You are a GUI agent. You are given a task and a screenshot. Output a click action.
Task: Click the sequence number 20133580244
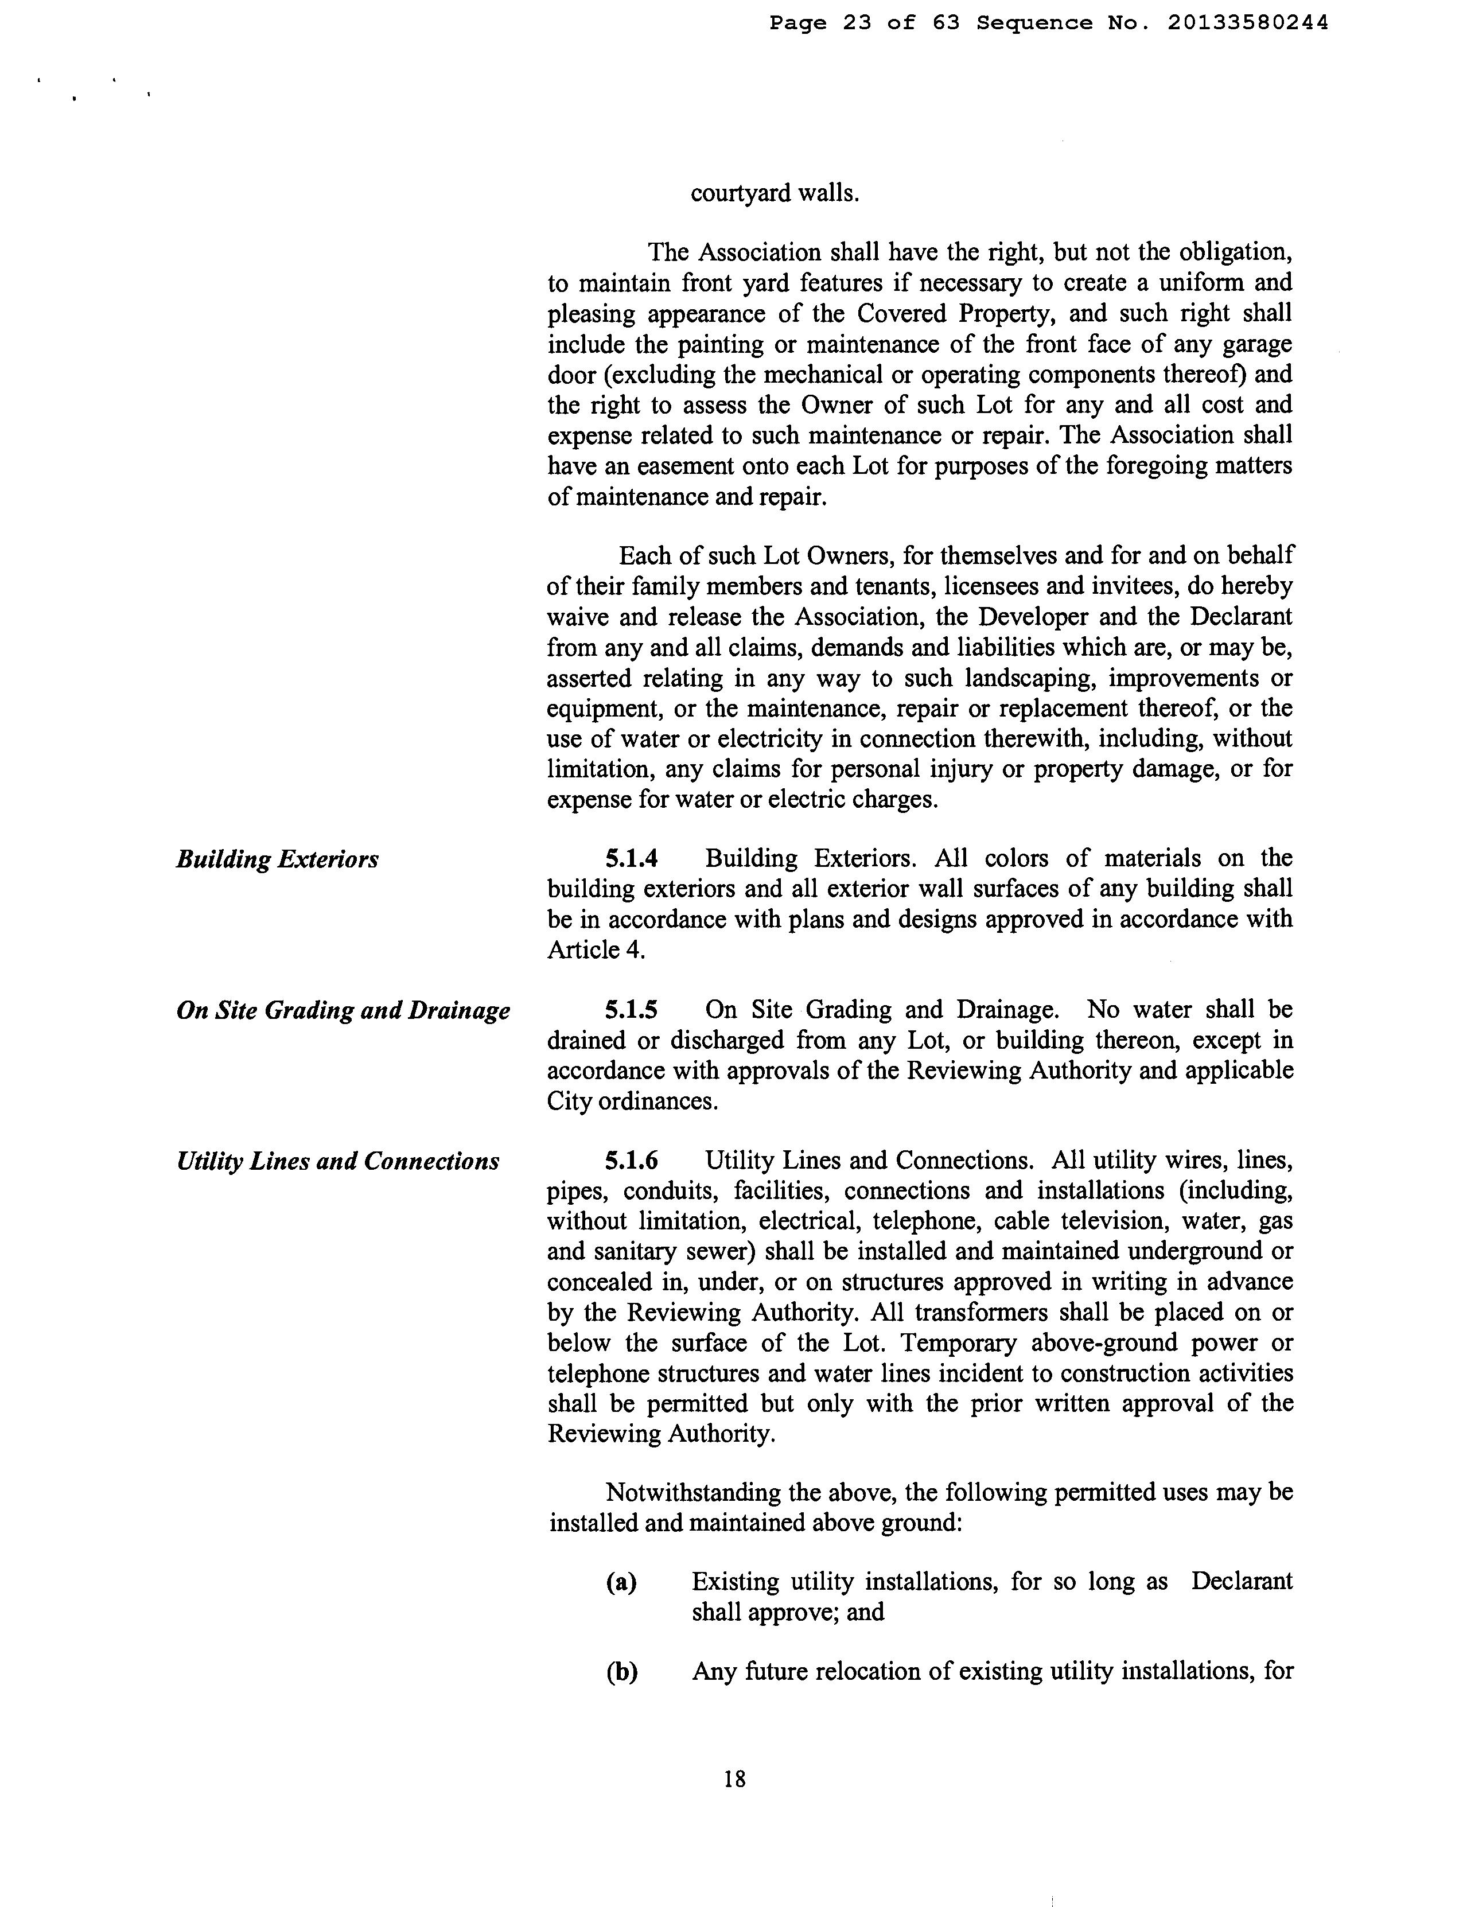coord(1248,24)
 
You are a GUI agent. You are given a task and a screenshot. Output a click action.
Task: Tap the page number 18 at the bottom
coord(734,1779)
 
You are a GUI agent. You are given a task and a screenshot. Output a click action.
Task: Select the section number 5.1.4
coord(631,859)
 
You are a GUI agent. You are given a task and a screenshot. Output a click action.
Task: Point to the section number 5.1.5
coord(631,1010)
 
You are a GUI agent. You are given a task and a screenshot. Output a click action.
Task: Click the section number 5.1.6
coord(631,1161)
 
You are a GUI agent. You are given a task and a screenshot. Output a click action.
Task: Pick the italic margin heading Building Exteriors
coord(277,859)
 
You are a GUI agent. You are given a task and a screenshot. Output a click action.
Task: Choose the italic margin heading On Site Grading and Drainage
coord(343,1011)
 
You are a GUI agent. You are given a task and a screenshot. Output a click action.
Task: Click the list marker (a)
coord(621,1581)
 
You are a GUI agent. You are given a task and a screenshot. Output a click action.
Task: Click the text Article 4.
coord(596,950)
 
